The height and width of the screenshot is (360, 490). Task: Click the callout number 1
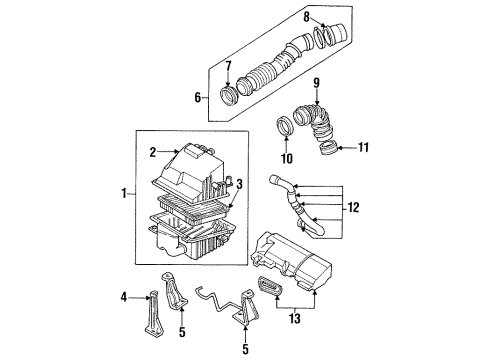[x=124, y=193]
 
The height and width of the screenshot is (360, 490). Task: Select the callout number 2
[x=153, y=152]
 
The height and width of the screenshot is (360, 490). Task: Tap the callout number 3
[x=239, y=184]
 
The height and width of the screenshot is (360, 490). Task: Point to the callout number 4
[x=124, y=297]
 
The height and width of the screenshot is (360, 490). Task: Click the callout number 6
[x=198, y=98]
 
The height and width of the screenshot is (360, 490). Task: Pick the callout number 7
[x=228, y=66]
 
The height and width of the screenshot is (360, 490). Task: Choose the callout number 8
[x=306, y=17]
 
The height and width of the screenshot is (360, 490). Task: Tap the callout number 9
[x=316, y=83]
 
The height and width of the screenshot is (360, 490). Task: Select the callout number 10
[x=287, y=158]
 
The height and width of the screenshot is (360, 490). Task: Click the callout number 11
[x=363, y=147]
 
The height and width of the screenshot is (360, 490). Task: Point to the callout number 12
[x=353, y=208]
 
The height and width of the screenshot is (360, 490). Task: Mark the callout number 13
[x=295, y=319]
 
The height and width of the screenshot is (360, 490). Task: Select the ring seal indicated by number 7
[x=228, y=95]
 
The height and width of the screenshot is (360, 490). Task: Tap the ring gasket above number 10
[x=285, y=126]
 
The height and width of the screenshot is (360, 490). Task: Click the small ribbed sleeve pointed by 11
[x=328, y=148]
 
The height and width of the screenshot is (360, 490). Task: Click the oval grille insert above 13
[x=270, y=287]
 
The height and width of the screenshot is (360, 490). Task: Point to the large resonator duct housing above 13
[x=292, y=260]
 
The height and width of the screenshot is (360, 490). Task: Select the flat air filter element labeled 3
[x=194, y=208]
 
